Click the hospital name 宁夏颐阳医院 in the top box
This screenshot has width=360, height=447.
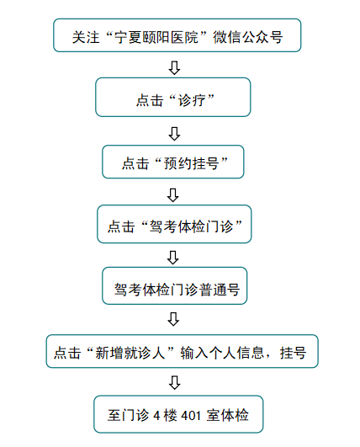[x=156, y=37]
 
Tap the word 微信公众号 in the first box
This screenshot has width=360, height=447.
[x=248, y=37]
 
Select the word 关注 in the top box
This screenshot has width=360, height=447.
[x=86, y=37]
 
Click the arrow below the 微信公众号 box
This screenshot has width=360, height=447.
[x=174, y=67]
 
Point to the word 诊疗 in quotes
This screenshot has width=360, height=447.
[x=192, y=100]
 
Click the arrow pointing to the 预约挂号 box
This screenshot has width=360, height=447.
[x=174, y=133]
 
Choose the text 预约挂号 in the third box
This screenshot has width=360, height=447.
[x=192, y=163]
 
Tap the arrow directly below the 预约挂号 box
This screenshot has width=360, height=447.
[x=173, y=195]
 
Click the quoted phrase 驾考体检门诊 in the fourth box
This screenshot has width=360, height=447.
[x=192, y=226]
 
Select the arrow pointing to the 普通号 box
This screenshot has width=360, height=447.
[x=173, y=258]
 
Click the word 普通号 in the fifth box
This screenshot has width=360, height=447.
[x=219, y=290]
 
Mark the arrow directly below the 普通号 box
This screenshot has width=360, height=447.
[x=173, y=319]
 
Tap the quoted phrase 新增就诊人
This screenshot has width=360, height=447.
[x=130, y=353]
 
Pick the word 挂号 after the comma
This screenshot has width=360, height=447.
[x=293, y=353]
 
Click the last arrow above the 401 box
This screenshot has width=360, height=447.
[x=174, y=382]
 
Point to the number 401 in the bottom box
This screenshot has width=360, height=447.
[x=191, y=416]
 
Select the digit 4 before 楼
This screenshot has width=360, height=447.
[x=157, y=416]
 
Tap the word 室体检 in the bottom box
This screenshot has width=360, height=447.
[x=228, y=415]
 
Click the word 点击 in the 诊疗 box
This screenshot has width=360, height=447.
[x=150, y=100]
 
